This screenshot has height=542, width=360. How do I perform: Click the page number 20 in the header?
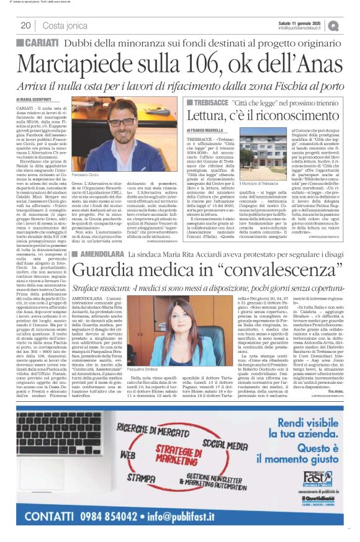tap(25, 25)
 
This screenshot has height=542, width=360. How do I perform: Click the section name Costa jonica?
tap(65, 25)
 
